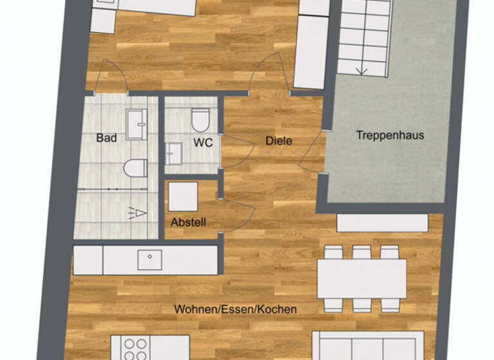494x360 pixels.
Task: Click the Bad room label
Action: (106, 138)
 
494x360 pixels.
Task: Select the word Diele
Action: (279, 140)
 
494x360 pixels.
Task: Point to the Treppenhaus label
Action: (390, 136)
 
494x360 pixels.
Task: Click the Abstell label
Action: (188, 222)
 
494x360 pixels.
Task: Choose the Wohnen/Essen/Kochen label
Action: (235, 309)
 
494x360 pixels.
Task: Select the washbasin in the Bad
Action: (137, 123)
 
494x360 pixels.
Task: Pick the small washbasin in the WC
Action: (174, 154)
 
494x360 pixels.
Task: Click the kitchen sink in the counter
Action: (149, 260)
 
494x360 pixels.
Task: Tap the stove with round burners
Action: (134, 348)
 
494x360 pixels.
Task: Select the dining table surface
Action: (361, 278)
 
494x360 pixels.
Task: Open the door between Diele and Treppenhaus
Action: (311, 155)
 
